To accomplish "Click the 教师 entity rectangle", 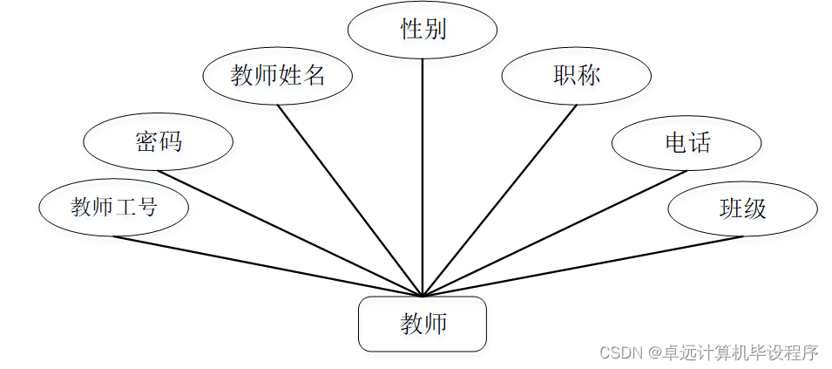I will tap(423, 324).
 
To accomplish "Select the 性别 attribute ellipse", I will tap(423, 30).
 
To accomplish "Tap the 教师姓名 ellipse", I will tap(278, 75).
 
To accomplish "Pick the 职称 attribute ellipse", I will tap(577, 75).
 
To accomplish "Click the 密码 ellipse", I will tap(158, 141).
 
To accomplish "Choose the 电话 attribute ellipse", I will tap(687, 141).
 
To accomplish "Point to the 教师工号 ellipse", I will tap(114, 207).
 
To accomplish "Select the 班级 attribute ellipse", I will tap(742, 208).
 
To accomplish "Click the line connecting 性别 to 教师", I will tap(423, 174).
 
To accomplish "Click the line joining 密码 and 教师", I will tap(287, 232).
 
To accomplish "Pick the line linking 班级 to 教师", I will tap(584, 266).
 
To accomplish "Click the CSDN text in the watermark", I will tap(619, 352).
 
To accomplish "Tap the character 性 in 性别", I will tap(411, 30).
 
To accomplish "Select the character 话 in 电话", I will tap(700, 141).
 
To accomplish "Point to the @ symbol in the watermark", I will tap(653, 352).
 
